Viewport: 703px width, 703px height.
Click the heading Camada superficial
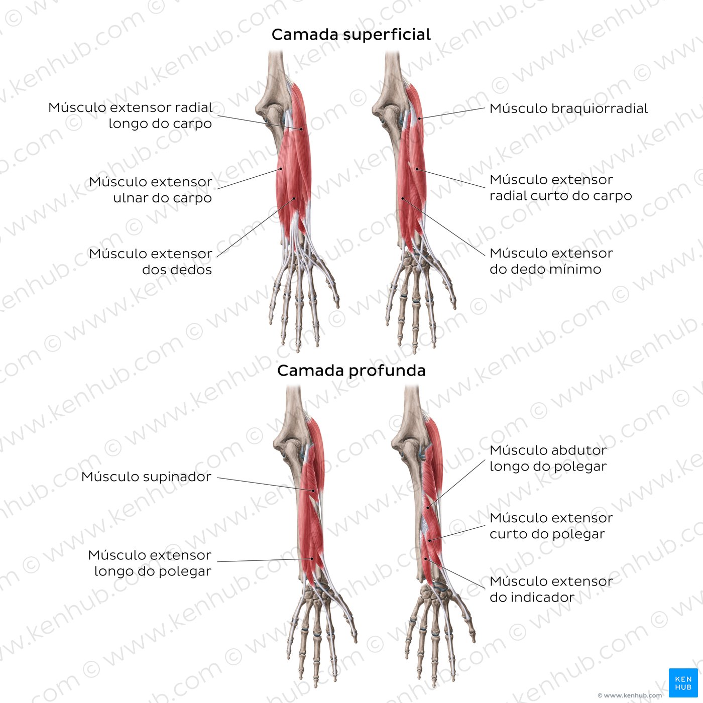pos(351,35)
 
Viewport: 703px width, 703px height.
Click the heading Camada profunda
pos(351,371)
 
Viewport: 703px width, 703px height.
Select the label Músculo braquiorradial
pos(568,109)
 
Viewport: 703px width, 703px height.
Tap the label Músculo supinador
pos(146,477)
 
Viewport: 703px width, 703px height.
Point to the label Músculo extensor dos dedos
pos(150,262)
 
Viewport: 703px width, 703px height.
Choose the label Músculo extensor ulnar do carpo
pos(150,190)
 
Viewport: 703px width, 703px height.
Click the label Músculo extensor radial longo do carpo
pos(130,115)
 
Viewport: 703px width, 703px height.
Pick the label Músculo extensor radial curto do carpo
pos(560,188)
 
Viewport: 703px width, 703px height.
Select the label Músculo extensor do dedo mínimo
pos(551,261)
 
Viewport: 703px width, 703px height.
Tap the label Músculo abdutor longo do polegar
pos(548,458)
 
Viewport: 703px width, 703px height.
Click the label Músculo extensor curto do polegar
pos(551,526)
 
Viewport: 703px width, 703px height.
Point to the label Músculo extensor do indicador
pos(551,589)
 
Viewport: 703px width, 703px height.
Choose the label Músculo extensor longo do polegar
pos(150,563)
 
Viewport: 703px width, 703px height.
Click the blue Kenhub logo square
pos(683,683)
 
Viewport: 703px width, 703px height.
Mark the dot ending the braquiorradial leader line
pos(419,119)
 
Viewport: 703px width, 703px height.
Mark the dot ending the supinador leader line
pos(313,491)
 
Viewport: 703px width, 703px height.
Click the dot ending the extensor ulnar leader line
pos(281,169)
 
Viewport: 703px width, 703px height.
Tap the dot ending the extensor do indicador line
pos(425,558)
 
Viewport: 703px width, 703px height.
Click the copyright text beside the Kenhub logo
pos(630,695)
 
